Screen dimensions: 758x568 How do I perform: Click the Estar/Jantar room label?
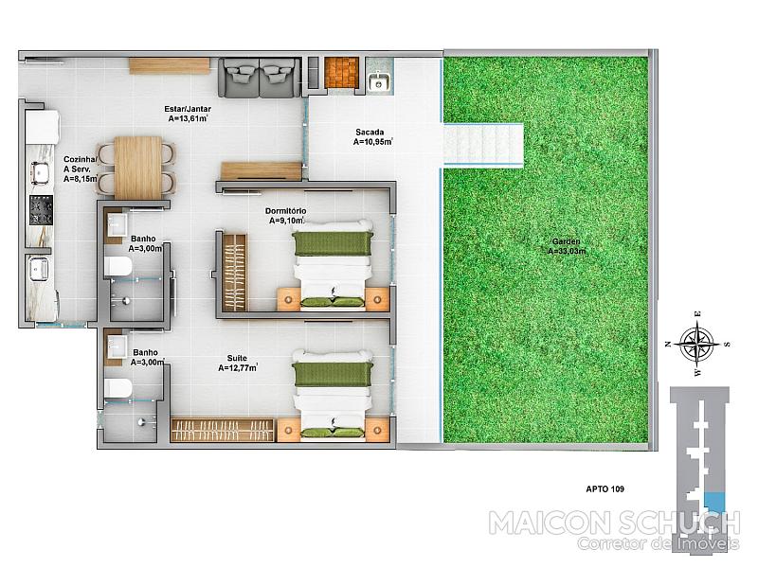point(188,109)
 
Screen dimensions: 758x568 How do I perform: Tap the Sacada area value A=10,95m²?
point(372,142)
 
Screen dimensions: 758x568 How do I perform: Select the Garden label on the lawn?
point(566,241)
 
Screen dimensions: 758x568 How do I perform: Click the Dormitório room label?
point(286,211)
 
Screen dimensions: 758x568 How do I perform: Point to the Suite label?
point(237,359)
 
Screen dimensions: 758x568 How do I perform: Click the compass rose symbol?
point(697,344)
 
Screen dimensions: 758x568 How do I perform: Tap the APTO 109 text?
point(605,488)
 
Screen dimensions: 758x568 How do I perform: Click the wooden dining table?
point(138,168)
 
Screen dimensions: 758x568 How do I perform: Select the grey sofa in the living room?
point(259,78)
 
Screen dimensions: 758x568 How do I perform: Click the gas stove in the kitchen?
point(41,210)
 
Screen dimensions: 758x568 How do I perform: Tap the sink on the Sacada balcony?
point(380,81)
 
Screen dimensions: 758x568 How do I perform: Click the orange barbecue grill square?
point(341,73)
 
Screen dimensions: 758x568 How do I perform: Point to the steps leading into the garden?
point(483,145)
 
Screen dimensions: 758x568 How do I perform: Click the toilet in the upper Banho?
point(117,267)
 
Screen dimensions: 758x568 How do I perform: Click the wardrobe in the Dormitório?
point(235,273)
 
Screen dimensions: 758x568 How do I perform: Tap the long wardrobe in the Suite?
point(224,430)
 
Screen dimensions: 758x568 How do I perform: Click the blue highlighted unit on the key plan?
point(714,503)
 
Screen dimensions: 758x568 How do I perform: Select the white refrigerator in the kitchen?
point(43,127)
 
